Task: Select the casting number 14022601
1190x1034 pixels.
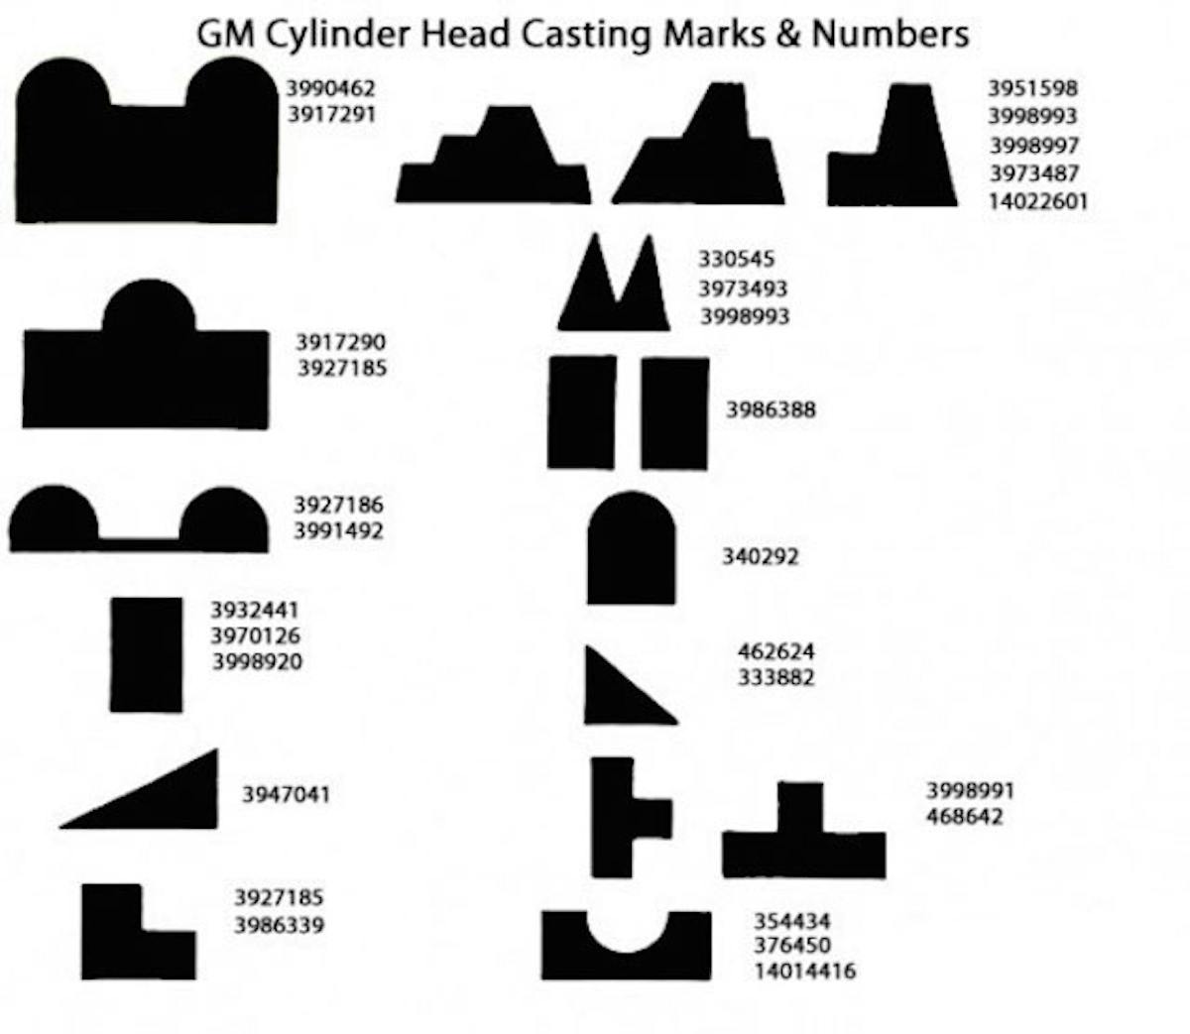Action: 1038,201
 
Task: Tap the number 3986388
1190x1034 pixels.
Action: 771,410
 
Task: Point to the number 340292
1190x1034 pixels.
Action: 760,557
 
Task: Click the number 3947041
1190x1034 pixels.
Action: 286,795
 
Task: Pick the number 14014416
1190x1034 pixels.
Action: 804,971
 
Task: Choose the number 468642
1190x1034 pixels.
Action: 964,818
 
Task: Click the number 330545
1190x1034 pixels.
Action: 737,260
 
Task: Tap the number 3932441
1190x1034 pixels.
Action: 254,610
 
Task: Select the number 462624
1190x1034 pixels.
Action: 776,652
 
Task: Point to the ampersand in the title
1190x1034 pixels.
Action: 787,35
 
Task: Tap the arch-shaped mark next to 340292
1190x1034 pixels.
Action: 631,550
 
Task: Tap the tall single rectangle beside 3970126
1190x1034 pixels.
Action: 146,654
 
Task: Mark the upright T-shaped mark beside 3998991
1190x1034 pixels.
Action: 802,838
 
